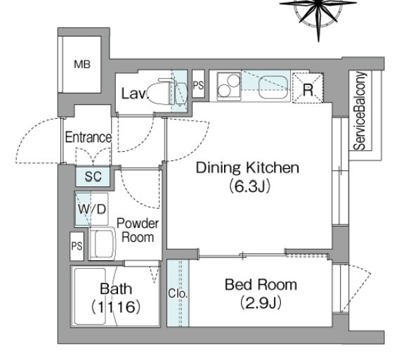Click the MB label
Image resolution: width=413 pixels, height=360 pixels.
click(82, 65)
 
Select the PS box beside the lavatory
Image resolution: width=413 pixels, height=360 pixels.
click(198, 84)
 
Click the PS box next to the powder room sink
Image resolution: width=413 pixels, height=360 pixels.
click(77, 246)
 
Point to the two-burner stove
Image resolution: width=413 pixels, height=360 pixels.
click(229, 86)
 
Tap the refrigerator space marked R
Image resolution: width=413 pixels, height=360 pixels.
click(308, 88)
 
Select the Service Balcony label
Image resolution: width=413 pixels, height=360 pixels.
click(360, 111)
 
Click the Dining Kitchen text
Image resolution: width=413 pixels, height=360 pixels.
click(247, 168)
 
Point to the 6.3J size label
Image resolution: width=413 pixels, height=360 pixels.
click(249, 186)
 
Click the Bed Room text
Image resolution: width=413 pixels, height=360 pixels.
click(261, 285)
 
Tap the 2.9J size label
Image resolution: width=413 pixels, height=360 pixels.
click(261, 303)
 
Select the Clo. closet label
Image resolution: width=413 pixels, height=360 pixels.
click(178, 293)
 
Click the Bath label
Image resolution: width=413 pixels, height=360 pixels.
click(116, 289)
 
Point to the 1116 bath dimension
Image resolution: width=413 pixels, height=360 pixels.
click(115, 307)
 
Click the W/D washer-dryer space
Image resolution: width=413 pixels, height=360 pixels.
click(91, 209)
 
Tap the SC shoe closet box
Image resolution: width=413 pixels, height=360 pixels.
click(93, 176)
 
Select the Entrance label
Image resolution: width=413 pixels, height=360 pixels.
click(88, 137)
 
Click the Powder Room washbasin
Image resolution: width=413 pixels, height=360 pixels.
click(103, 243)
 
